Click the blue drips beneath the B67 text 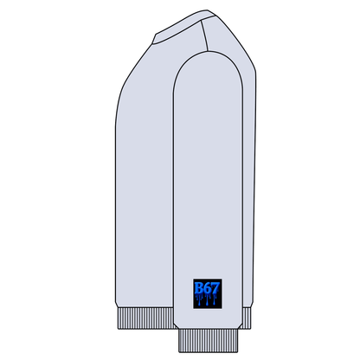[205, 301]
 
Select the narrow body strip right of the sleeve [249, 190]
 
